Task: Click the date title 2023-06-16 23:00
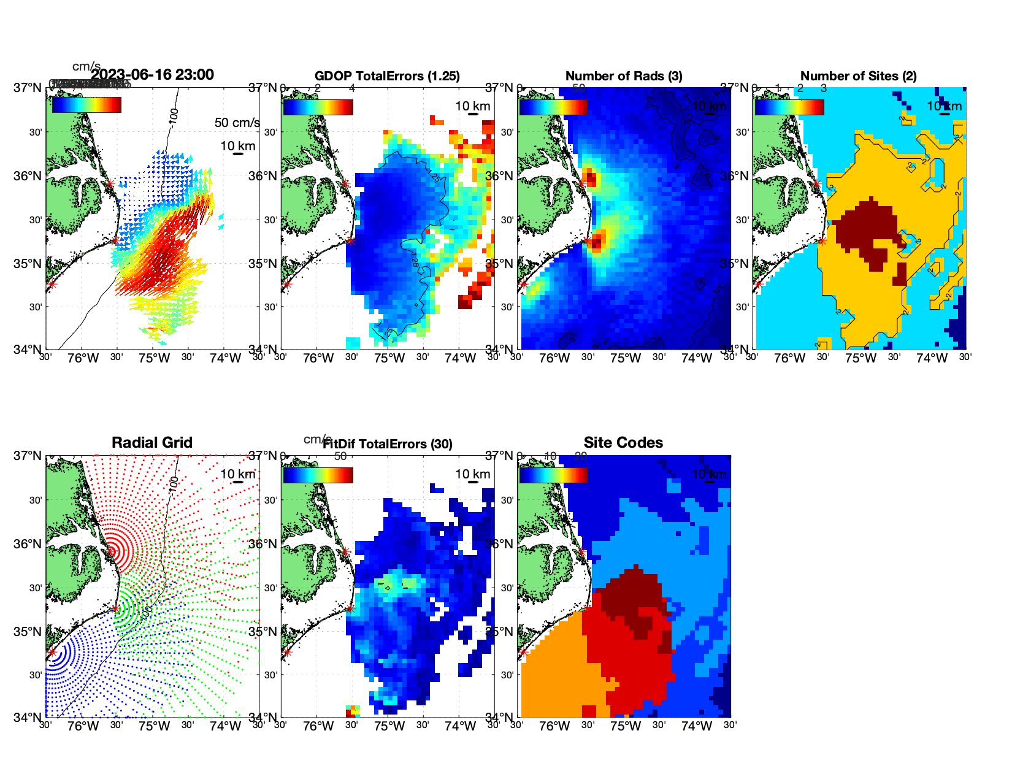(x=152, y=75)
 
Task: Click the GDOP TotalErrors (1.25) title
(x=387, y=76)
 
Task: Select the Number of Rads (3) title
(x=624, y=76)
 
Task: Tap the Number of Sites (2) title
(x=859, y=76)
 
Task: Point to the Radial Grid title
(x=152, y=443)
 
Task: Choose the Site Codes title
(x=623, y=443)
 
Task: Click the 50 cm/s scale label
(x=237, y=123)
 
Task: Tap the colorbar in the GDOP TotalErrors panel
(x=318, y=107)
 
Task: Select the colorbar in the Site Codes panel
(x=553, y=475)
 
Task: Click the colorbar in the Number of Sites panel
(x=789, y=107)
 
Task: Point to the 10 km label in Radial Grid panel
(x=237, y=474)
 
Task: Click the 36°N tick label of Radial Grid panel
(x=28, y=544)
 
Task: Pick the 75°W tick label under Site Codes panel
(x=625, y=726)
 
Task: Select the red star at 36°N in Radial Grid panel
(x=111, y=552)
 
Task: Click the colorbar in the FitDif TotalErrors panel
(x=318, y=475)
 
